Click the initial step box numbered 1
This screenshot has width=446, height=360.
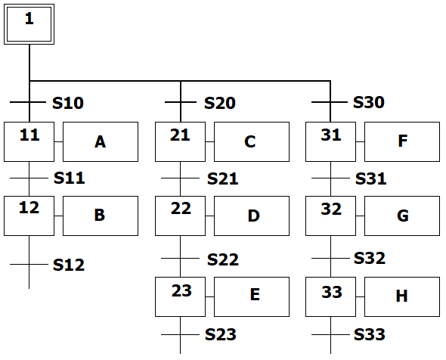pyautogui.click(x=29, y=24)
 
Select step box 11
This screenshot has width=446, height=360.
pyautogui.click(x=29, y=141)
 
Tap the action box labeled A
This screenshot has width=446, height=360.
pyautogui.click(x=101, y=141)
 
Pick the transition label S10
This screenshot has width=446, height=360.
pyautogui.click(x=68, y=103)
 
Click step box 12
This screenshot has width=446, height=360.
pyautogui.click(x=29, y=216)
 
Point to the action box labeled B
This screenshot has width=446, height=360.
pyautogui.click(x=101, y=216)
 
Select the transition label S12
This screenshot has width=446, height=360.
pyautogui.click(x=69, y=265)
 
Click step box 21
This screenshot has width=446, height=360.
pyautogui.click(x=180, y=141)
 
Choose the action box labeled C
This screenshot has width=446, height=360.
pyautogui.click(x=252, y=141)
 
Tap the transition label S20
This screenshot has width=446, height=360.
pyautogui.click(x=219, y=103)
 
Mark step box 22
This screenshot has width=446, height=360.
pyautogui.click(x=180, y=216)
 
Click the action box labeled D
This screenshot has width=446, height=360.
pyautogui.click(x=252, y=216)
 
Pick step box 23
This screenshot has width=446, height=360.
pyautogui.click(x=180, y=296)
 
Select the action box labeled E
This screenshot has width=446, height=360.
pyautogui.click(x=252, y=296)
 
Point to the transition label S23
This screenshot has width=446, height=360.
pyautogui.click(x=221, y=334)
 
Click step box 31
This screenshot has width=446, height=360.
pyautogui.click(x=330, y=141)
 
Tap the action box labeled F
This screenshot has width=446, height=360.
pyautogui.click(x=402, y=141)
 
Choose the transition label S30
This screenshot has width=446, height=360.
pyautogui.click(x=369, y=102)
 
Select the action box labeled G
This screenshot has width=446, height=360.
pyautogui.click(x=402, y=216)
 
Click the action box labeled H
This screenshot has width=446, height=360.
pyautogui.click(x=402, y=296)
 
